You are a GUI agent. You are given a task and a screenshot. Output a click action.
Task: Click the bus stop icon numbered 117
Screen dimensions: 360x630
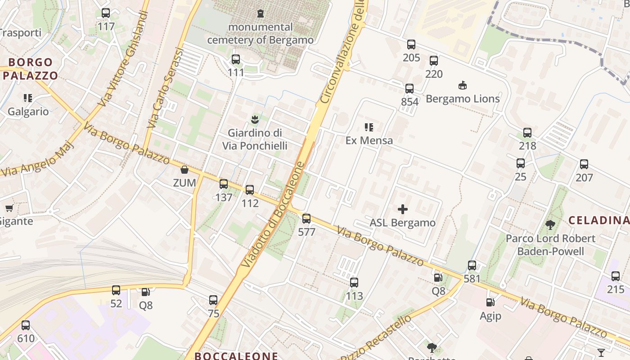(106, 13)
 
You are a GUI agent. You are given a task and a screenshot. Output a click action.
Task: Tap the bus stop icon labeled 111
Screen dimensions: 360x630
(235, 59)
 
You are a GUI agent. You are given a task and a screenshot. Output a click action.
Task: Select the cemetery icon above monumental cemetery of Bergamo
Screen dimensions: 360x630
(260, 13)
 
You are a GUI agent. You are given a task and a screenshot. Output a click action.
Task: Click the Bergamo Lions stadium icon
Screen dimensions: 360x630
(462, 85)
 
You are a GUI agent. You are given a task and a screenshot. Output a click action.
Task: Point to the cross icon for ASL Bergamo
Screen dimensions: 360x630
(403, 209)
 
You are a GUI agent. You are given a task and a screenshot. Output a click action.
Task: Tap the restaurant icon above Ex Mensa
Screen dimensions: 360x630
(369, 127)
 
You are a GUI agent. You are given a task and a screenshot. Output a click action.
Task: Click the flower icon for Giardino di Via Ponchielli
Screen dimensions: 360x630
(255, 119)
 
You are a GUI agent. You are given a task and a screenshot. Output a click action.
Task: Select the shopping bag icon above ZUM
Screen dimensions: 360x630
(184, 170)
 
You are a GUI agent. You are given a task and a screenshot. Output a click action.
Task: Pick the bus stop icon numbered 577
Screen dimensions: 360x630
(306, 219)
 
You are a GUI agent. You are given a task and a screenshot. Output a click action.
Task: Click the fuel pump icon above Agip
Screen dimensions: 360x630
(490, 302)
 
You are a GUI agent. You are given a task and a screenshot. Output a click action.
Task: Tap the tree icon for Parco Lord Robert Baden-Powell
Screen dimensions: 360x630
(550, 225)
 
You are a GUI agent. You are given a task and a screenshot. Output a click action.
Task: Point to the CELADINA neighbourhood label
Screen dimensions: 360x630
(598, 220)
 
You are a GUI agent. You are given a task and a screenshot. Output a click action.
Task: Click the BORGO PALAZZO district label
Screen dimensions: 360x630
(31, 69)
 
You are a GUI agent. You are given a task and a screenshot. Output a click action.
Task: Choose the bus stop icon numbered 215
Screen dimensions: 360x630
(616, 276)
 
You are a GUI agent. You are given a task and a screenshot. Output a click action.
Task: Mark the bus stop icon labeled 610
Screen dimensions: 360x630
(26, 325)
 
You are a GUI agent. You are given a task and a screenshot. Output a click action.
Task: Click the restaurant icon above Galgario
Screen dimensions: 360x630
(28, 98)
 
